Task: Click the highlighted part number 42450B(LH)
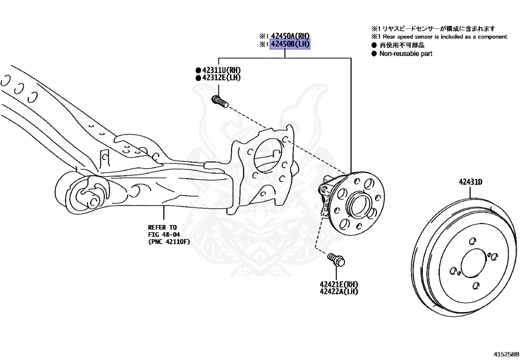point(290,44)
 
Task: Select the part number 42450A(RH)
point(290,36)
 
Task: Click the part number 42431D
point(470,181)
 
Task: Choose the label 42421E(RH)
point(339,284)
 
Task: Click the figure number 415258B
point(506,353)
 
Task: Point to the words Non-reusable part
point(406,53)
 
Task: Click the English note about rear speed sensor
point(443,37)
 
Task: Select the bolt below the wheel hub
point(336,260)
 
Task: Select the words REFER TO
point(162,227)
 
